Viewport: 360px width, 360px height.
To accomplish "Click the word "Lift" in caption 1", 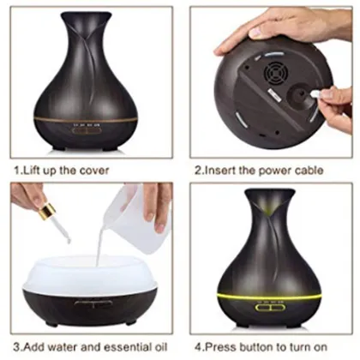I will tap(32, 170).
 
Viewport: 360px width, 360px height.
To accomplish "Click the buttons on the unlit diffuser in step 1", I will tap(86, 131).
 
